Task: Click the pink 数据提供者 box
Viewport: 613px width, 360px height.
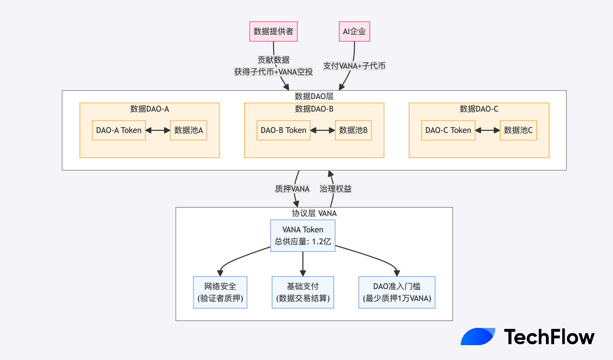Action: point(273,32)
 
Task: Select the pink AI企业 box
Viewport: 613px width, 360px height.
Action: point(354,32)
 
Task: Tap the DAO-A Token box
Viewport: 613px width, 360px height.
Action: point(119,130)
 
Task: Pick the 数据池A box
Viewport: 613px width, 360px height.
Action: point(189,130)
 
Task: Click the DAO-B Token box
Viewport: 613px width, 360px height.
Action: point(284,130)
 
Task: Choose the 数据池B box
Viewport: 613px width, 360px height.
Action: point(353,130)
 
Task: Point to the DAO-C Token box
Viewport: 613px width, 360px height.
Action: point(448,130)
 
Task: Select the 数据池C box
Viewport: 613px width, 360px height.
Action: point(518,130)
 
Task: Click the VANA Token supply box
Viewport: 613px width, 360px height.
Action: point(303,236)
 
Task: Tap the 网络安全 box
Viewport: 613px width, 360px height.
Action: point(220,292)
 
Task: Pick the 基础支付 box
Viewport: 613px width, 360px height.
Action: point(303,292)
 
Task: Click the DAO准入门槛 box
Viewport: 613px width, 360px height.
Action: point(397,292)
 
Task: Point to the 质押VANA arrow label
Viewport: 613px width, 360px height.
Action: point(292,189)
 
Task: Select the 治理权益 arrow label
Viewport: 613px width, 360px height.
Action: point(336,189)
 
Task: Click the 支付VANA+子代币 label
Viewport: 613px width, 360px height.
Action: point(354,66)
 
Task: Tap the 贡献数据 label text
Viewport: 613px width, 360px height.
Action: point(273,60)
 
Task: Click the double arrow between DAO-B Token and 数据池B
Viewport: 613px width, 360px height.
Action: point(323,130)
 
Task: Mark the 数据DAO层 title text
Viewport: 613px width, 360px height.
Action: point(314,96)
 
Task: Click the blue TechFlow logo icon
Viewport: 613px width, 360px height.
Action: point(478,337)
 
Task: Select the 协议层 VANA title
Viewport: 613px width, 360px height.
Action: point(314,214)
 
